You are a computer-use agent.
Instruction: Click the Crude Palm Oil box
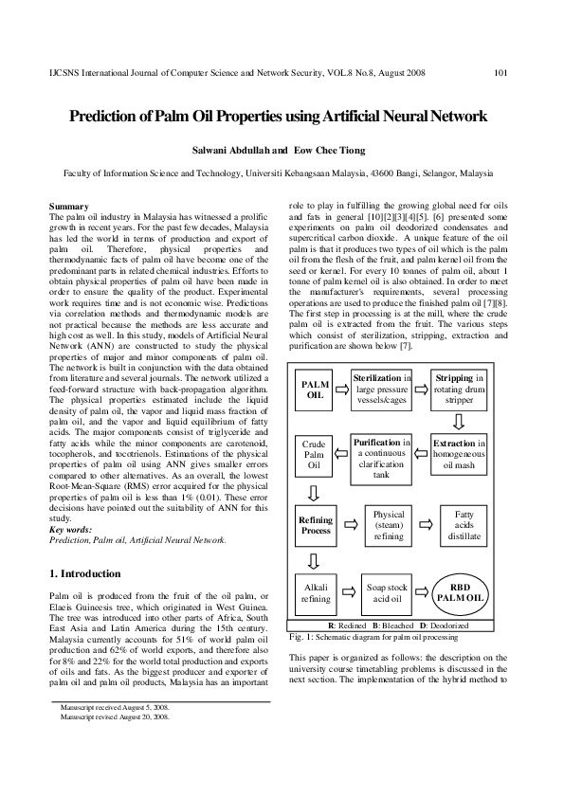tap(315, 454)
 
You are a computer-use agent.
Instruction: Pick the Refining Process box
tap(315, 525)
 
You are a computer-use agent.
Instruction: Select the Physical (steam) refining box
tap(382, 525)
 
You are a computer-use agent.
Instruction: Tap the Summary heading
tap(68, 207)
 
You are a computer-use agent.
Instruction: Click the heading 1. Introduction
tap(84, 573)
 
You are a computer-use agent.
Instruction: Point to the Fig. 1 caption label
tap(300, 639)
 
